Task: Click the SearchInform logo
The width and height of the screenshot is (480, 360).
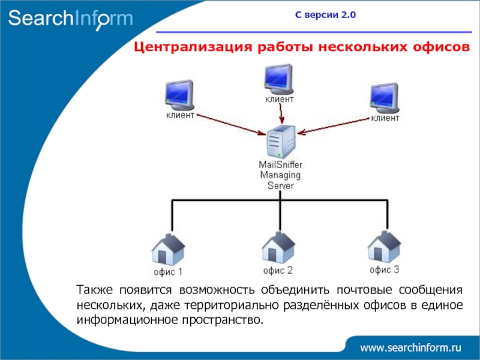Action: tap(70, 19)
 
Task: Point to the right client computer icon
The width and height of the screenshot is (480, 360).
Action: tap(385, 97)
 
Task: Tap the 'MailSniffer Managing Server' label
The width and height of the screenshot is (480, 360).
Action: tap(280, 175)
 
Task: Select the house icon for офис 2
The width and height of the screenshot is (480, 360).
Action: tap(278, 245)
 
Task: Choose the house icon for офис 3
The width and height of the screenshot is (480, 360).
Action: tap(384, 245)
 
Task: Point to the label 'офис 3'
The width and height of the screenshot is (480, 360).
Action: tap(384, 269)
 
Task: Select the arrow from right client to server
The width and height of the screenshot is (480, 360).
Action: tap(333, 123)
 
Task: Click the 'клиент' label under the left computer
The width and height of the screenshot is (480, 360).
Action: tap(180, 116)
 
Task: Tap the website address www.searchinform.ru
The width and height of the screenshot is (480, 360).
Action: tap(410, 347)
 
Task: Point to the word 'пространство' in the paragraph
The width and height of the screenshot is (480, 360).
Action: tap(226, 319)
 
